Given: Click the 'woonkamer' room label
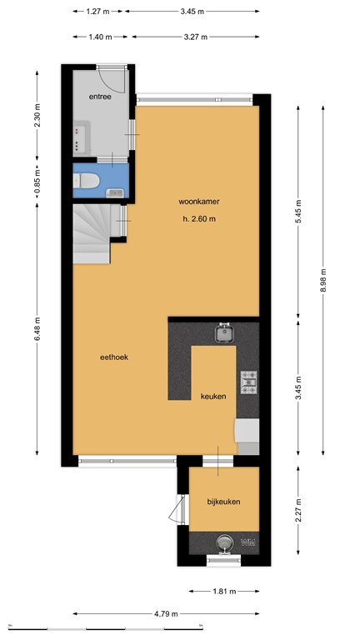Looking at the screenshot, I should (x=197, y=202).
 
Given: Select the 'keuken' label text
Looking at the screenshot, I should (x=213, y=397).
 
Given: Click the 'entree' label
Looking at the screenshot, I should (x=100, y=97).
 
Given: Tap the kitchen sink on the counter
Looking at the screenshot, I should (x=223, y=334).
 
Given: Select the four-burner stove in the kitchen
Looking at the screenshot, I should (x=249, y=382).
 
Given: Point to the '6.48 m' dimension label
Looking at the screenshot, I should (x=37, y=329).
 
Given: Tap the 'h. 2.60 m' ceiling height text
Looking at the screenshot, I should (x=198, y=220).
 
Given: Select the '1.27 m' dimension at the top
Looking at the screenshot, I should (x=99, y=12).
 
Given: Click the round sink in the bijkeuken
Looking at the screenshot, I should (x=223, y=542).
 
